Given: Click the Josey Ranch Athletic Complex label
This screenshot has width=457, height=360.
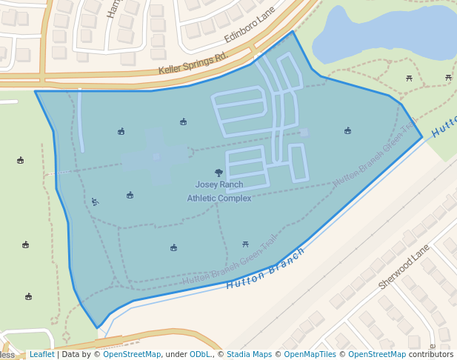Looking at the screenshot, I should (219, 191).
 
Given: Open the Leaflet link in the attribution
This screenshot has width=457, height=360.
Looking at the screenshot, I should (41, 354).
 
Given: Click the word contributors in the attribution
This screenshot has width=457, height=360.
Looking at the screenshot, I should (431, 354).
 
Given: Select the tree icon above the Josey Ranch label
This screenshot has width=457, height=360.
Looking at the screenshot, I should (219, 173).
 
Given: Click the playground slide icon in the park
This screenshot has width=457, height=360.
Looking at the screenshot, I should (95, 201).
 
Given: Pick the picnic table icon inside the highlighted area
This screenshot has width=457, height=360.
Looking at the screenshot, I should (245, 244).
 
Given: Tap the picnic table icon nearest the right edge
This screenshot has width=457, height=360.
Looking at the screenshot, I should (448, 77).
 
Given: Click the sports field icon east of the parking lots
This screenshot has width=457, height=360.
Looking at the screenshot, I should (347, 131).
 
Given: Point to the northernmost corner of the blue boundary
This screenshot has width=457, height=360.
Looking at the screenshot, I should (293, 31).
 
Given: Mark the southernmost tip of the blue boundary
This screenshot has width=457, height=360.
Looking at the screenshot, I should (97, 327).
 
